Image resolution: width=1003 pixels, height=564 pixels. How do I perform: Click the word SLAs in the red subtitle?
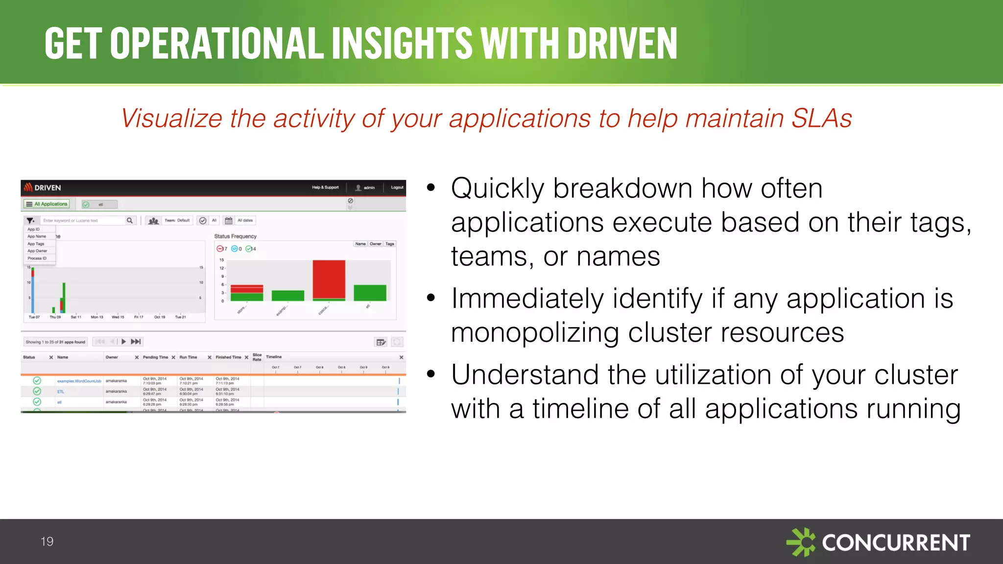(821, 118)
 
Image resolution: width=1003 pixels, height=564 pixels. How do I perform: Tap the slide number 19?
(47, 541)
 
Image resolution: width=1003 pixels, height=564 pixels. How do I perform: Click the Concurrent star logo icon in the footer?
(801, 542)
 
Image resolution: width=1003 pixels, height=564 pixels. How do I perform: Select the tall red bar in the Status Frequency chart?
(329, 280)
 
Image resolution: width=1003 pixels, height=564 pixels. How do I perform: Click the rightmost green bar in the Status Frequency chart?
(370, 293)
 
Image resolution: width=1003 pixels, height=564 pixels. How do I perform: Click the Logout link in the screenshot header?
(397, 188)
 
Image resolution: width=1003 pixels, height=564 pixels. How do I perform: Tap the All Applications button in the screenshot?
(47, 204)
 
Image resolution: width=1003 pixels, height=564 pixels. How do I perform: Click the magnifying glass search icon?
(130, 220)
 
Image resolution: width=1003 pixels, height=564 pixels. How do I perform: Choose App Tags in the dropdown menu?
(36, 244)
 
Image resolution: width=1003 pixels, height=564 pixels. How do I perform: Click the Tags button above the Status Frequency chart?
(390, 244)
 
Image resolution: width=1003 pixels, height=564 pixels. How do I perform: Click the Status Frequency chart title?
(235, 236)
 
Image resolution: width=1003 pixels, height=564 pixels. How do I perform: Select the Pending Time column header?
(155, 357)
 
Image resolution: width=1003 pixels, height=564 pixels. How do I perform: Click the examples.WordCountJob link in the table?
(79, 381)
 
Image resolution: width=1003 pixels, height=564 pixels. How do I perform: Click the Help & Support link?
(325, 188)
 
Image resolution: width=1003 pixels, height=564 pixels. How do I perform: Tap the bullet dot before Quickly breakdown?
(431, 188)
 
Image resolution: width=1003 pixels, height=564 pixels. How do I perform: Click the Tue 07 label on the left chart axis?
(34, 317)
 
